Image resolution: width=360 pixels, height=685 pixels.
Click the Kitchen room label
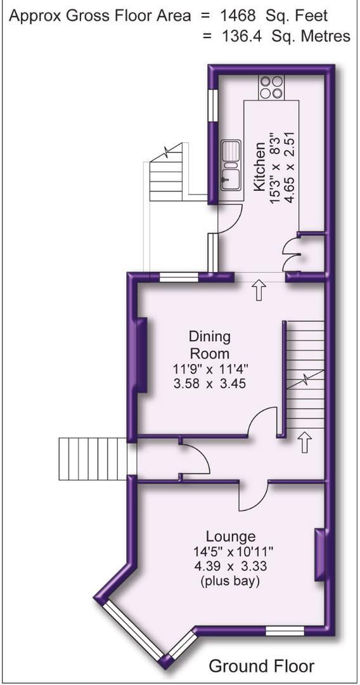[x=260, y=166]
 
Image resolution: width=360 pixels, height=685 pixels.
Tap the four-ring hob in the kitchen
[x=271, y=87]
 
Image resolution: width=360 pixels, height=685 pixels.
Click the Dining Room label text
[x=210, y=344]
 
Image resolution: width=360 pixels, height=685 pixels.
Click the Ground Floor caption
[x=261, y=666]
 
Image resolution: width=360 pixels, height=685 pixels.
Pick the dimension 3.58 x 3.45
[x=210, y=384]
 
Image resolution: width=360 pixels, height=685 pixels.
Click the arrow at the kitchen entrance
[x=259, y=291]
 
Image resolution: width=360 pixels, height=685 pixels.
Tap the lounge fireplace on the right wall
[x=321, y=556]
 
